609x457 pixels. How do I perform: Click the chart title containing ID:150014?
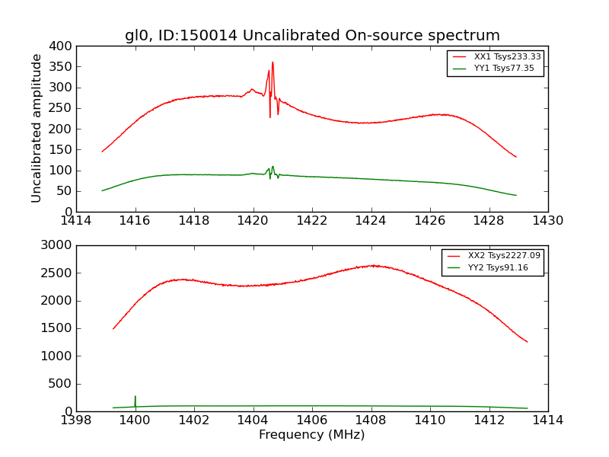point(312,36)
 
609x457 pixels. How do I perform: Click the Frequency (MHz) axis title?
point(312,435)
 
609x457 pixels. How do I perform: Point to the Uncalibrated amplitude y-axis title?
point(37,128)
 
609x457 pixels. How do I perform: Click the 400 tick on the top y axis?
point(64,46)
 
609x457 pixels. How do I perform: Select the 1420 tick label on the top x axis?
point(253,221)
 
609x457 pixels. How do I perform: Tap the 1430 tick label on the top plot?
point(547,221)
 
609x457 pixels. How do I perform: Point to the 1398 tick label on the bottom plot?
point(77,420)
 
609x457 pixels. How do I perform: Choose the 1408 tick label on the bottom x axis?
point(371,420)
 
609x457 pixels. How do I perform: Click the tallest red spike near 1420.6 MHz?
point(273,63)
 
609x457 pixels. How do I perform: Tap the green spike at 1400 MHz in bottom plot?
point(135,398)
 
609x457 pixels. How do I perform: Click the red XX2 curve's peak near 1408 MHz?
point(372,265)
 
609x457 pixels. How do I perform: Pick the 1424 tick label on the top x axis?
point(371,221)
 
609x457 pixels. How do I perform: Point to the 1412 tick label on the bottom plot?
point(489,420)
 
